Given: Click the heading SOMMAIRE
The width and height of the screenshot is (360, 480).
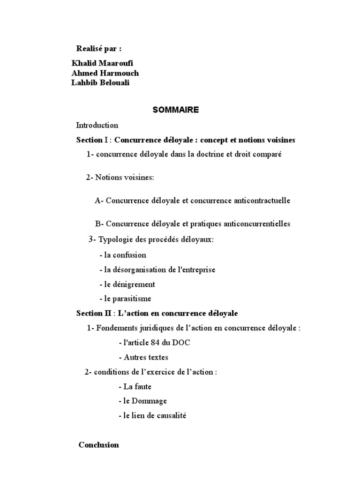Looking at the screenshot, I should [x=176, y=110].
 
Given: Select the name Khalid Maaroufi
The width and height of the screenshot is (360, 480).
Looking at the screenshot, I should [x=99, y=63].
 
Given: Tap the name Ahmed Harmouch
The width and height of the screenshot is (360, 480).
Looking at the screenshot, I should [x=105, y=73].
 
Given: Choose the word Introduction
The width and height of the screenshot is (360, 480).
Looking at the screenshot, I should [x=97, y=125].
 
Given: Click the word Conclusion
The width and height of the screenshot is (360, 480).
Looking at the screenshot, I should [x=98, y=445].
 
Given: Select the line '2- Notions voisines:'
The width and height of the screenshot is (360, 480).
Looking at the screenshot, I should [x=120, y=178].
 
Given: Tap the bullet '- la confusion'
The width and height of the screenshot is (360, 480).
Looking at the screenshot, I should [x=123, y=255].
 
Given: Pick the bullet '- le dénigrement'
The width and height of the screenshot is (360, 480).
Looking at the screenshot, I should [x=127, y=284].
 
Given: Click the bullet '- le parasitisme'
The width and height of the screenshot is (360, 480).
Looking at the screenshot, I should [x=125, y=299].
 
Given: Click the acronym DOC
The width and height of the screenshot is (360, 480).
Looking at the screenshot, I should [x=180, y=343].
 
